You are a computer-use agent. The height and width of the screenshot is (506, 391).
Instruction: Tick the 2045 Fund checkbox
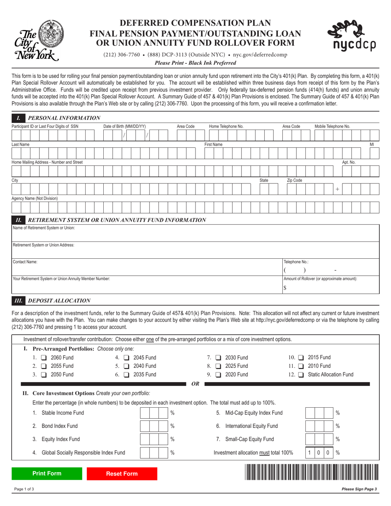click(x=127, y=357)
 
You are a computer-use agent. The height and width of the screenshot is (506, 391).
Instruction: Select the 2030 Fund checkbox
click(x=219, y=357)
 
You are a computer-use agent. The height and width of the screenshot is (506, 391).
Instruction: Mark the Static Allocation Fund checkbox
click(x=301, y=375)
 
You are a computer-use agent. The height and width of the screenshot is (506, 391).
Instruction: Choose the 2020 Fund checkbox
click(x=219, y=375)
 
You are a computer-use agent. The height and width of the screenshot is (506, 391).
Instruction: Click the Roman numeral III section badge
click(x=19, y=301)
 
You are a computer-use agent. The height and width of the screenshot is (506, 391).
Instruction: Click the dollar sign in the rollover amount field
click(x=285, y=288)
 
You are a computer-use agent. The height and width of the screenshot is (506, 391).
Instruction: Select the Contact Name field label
click(x=25, y=262)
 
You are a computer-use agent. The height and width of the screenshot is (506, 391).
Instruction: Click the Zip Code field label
click(x=294, y=181)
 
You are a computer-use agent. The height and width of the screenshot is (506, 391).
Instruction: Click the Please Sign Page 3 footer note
click(x=359, y=489)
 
